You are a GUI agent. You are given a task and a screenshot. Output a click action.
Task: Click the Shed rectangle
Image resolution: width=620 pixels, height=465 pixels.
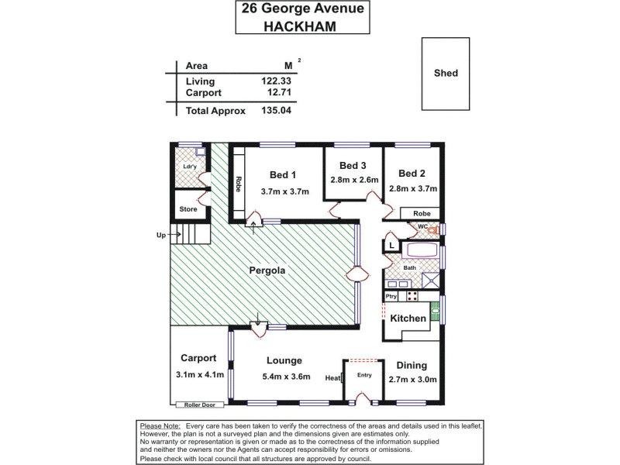pyautogui.click(x=446, y=74)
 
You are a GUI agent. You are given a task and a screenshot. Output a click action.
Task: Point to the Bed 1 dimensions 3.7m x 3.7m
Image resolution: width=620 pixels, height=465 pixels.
pyautogui.click(x=284, y=192)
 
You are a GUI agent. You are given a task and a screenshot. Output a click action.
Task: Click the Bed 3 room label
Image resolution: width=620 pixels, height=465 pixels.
pyautogui.click(x=353, y=165)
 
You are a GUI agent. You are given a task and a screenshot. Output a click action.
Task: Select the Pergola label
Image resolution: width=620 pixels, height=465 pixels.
pyautogui.click(x=267, y=271)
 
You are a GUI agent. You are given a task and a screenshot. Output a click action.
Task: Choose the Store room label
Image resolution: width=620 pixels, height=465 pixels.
pyautogui.click(x=188, y=209)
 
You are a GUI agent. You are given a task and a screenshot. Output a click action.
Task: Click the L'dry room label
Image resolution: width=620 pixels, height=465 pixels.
pyautogui.click(x=188, y=167)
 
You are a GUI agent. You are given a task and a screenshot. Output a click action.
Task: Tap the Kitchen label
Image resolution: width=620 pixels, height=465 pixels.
pyautogui.click(x=408, y=319)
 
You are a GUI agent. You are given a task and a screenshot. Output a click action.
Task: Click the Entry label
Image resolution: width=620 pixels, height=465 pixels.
pyautogui.click(x=364, y=375)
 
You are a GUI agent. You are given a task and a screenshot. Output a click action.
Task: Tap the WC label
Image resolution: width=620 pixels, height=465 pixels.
pyautogui.click(x=423, y=226)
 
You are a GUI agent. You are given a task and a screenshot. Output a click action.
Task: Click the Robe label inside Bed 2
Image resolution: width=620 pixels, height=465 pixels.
pyautogui.click(x=421, y=212)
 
